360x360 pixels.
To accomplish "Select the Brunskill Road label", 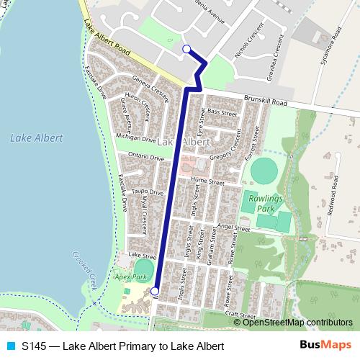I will pyautogui.click(x=266, y=103).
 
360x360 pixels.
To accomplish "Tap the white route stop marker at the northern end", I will pyautogui.click(x=187, y=49).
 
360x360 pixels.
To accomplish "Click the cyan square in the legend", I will pyautogui.click(x=10, y=346).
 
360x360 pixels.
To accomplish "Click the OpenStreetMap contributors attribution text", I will pyautogui.click(x=297, y=322).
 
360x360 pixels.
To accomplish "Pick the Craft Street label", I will pyautogui.click(x=240, y=315).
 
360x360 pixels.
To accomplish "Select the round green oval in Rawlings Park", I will pyautogui.click(x=264, y=171).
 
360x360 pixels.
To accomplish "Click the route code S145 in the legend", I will pyautogui.click(x=34, y=346).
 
